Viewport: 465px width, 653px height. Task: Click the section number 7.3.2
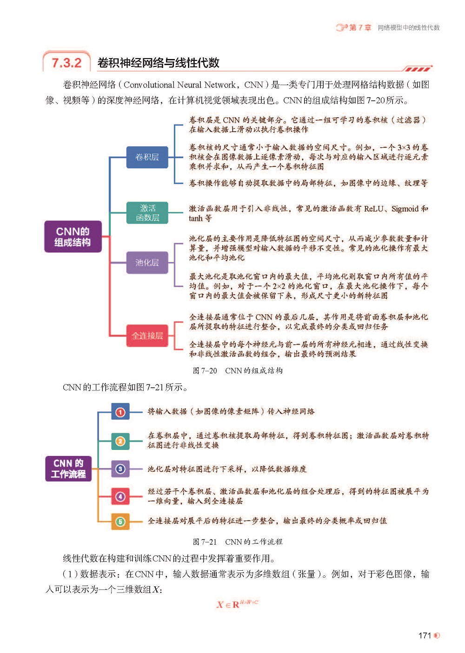pyautogui.click(x=66, y=63)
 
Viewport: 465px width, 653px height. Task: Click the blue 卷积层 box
pyautogui.click(x=147, y=157)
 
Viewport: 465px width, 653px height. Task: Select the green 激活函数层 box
pyautogui.click(x=147, y=213)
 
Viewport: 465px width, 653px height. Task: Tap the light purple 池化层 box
pyautogui.click(x=147, y=263)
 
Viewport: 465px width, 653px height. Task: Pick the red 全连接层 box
pyautogui.click(x=147, y=336)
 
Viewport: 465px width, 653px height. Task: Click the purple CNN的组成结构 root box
pyautogui.click(x=73, y=237)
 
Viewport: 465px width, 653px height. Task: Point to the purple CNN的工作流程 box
pyautogui.click(x=68, y=468)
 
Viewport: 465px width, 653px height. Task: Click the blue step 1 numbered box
pyautogui.click(x=120, y=412)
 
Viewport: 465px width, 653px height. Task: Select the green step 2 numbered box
pyautogui.click(x=120, y=441)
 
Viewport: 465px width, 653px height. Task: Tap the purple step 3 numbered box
pyautogui.click(x=120, y=469)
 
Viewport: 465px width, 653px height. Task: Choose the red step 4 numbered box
pyautogui.click(x=120, y=496)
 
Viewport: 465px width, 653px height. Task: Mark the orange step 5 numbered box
pyautogui.click(x=120, y=521)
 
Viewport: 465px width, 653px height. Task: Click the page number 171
pyautogui.click(x=425, y=635)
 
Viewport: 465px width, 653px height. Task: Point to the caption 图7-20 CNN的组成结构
pyautogui.click(x=238, y=370)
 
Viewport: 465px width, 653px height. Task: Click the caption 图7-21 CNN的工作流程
pyautogui.click(x=238, y=541)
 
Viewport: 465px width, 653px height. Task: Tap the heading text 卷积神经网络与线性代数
pyautogui.click(x=158, y=63)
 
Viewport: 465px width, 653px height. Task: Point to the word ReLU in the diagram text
pyautogui.click(x=374, y=209)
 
